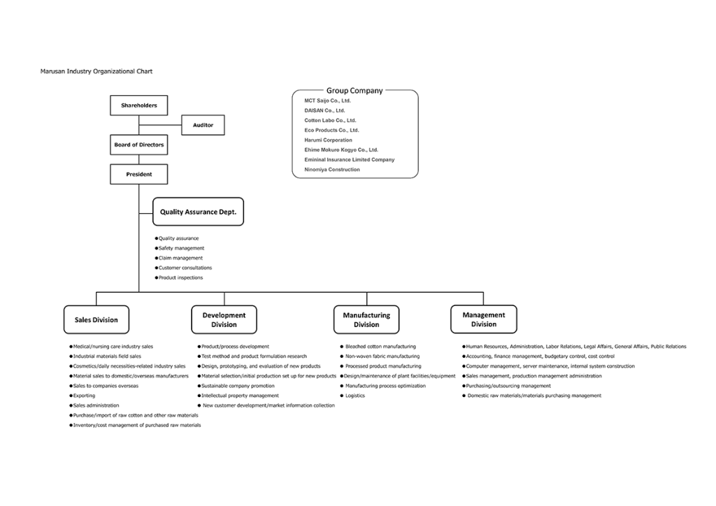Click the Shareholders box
pos(139,106)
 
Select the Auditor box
pos(203,125)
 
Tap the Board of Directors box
pos(139,145)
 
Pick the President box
pos(139,174)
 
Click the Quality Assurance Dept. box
pos(198,212)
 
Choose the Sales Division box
pos(96,320)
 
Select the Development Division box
pos(224,320)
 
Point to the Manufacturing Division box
pos(366,320)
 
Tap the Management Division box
pos(484,319)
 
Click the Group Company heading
pos(355,90)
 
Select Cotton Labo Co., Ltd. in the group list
pos(330,120)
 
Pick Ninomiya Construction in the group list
pos(332,170)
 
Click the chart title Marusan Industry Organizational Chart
pos(96,71)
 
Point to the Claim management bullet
pos(179,258)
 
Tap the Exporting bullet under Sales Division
pos(83,396)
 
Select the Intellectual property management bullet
pos(238,396)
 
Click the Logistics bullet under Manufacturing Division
pos(352,396)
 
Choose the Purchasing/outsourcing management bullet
pos(507,386)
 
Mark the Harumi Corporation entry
pos(329,140)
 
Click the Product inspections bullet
pos(179,277)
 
